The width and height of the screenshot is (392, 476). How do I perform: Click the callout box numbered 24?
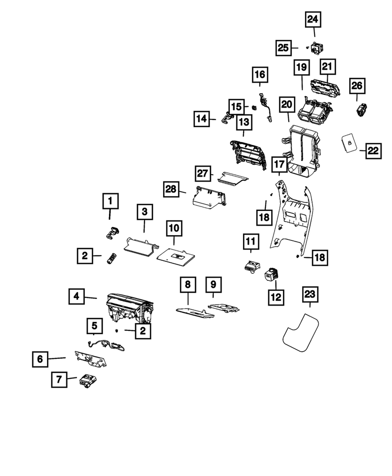point(314,20)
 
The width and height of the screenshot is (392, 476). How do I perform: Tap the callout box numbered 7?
point(59,380)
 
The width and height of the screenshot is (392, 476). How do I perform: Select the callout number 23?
point(310,295)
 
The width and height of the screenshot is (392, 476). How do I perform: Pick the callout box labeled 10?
point(174,228)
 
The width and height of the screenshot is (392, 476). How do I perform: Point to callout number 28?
point(170,189)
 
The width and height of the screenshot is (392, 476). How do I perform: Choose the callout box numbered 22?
point(373,151)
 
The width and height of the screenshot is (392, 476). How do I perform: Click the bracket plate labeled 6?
point(90,359)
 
